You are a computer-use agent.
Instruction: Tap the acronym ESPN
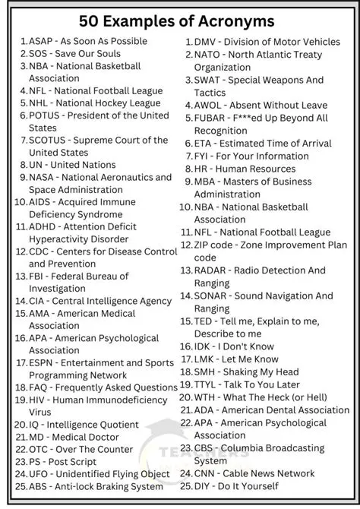pos(43,363)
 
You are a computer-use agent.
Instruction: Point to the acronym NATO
pos(208,55)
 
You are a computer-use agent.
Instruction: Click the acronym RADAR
pos(212,270)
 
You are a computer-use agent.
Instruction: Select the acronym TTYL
pos(208,384)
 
